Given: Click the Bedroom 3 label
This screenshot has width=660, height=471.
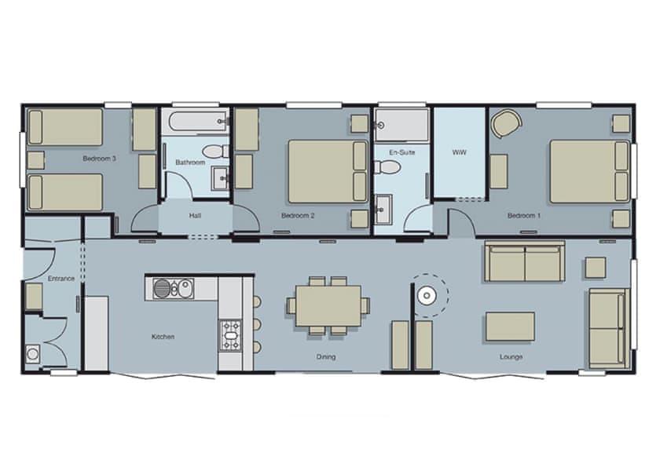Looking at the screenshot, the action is [99, 159].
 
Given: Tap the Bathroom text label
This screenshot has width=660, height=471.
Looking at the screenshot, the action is [190, 162].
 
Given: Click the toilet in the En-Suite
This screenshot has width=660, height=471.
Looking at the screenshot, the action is [387, 167].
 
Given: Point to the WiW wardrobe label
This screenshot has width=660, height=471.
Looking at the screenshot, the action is [459, 152].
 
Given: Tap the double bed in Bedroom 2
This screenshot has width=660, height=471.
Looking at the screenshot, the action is [328, 172].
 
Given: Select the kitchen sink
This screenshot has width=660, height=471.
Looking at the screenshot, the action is [174, 289].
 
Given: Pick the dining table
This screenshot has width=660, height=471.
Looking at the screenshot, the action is [328, 305].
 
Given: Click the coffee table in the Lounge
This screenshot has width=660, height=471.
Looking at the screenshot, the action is [510, 327].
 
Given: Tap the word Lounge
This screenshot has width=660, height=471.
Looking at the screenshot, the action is [511, 357].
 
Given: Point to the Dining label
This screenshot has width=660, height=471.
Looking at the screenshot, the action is [326, 357].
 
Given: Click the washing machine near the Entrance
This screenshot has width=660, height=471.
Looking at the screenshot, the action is [33, 354].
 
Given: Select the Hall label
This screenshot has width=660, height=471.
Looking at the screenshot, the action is [195, 216].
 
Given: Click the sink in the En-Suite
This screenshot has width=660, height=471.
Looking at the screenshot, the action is [383, 209].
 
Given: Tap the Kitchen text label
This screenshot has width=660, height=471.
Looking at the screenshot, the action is [163, 337].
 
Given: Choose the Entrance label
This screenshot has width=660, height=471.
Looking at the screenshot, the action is [61, 279].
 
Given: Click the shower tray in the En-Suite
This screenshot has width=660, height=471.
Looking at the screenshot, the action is [401, 125].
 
